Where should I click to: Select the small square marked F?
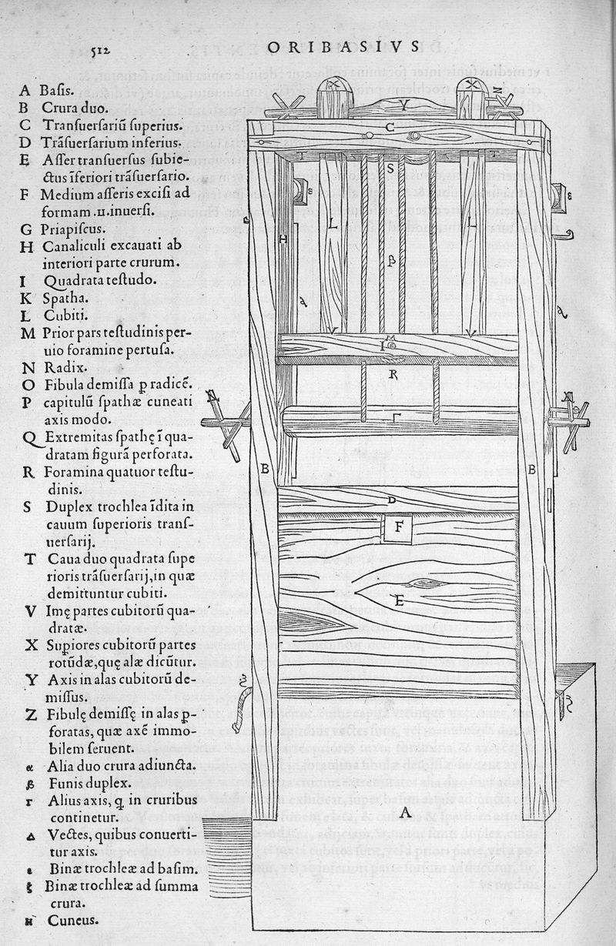399,528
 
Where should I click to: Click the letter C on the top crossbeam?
390,126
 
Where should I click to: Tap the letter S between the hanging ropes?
390,167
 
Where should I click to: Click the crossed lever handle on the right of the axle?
571,421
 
